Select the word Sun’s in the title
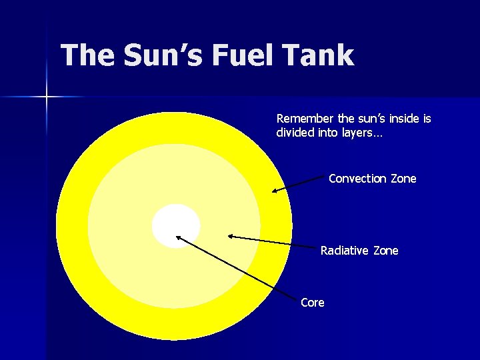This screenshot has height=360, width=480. (x=164, y=55)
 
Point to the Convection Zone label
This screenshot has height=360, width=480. (x=372, y=179)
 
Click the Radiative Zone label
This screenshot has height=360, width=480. (x=359, y=251)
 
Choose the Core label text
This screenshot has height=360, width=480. (x=312, y=303)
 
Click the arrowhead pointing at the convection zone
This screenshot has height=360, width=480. (x=274, y=191)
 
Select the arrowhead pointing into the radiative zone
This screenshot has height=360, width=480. (x=230, y=235)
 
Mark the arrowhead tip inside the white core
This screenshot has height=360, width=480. (x=178, y=236)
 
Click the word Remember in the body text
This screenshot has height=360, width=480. (x=305, y=119)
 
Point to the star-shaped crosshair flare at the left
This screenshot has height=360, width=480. (x=47, y=97)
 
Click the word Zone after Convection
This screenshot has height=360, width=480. (x=403, y=179)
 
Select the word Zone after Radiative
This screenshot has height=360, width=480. (x=385, y=251)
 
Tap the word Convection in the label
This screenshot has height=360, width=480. (x=357, y=179)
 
